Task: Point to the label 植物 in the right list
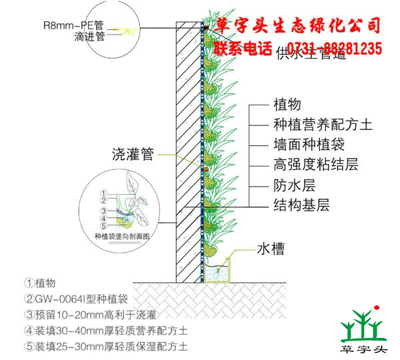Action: click(x=287, y=105)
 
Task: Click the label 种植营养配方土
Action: click(x=313, y=125)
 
